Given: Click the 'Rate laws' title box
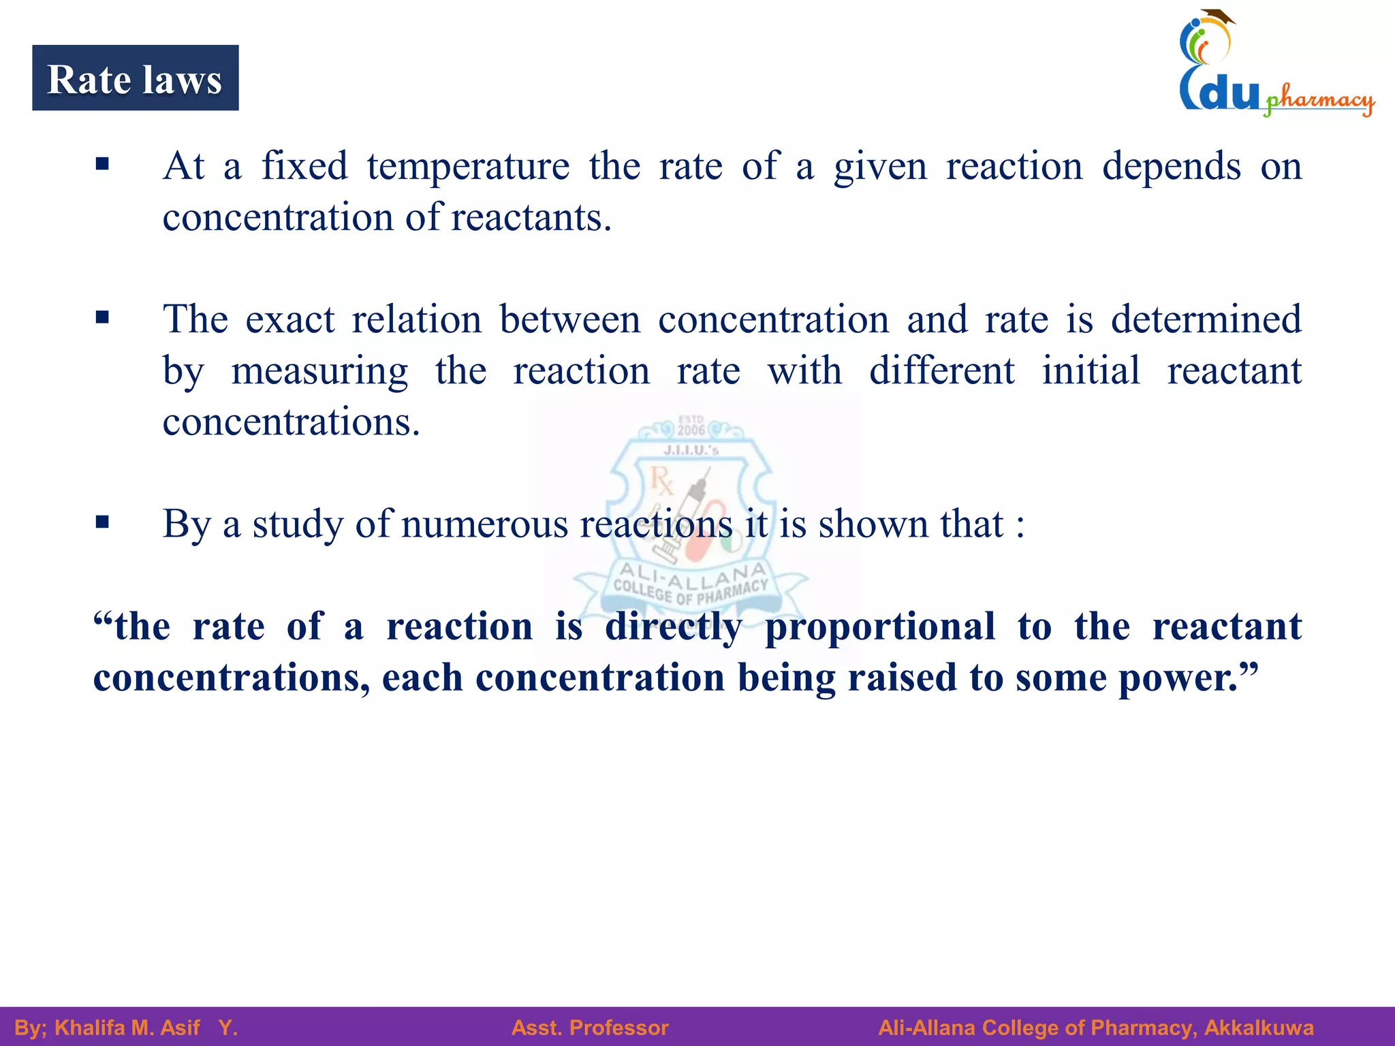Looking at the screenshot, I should [135, 78].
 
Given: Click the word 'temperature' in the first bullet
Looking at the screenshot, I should [468, 166].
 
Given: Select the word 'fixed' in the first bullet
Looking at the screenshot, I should [304, 166].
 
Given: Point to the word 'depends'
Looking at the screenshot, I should [1171, 168].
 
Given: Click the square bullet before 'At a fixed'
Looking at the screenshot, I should [103, 163].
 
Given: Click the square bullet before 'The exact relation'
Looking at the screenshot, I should [103, 317].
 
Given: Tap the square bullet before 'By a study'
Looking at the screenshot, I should [103, 522].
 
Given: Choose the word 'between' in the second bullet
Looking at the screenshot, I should [569, 319].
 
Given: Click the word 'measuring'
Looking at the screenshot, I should [319, 372].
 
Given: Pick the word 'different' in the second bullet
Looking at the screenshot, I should [941, 371].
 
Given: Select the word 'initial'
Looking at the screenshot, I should [1091, 371].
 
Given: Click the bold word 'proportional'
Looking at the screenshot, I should [880, 627].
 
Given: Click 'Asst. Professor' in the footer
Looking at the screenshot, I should [590, 1028].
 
